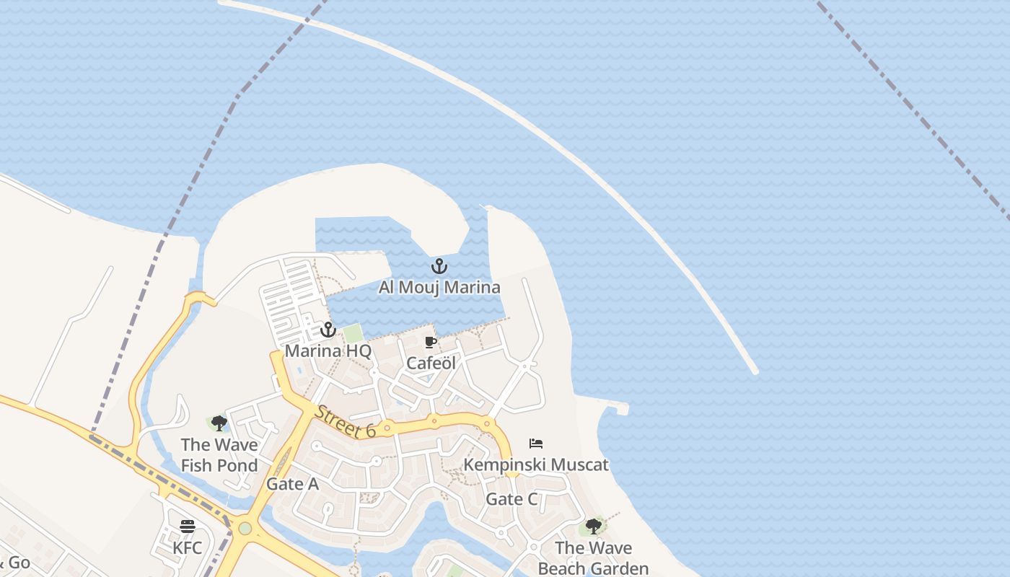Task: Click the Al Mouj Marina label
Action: click(439, 288)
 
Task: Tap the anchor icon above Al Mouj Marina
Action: click(439, 266)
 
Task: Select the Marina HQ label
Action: click(328, 351)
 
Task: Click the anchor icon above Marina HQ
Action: click(328, 330)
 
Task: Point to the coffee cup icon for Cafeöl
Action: click(431, 342)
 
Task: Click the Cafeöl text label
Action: click(431, 363)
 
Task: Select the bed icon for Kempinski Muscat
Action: click(536, 443)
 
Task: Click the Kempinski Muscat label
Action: click(536, 464)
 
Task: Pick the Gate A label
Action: click(292, 484)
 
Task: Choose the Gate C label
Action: click(511, 499)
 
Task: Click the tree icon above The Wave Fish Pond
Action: click(219, 423)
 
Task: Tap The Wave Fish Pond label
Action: click(219, 455)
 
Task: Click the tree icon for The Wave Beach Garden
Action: click(594, 527)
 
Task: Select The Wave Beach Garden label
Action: click(593, 558)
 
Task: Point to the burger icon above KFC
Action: click(188, 526)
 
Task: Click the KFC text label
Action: click(188, 547)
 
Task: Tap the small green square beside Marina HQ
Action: click(353, 334)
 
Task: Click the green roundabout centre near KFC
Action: click(245, 528)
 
